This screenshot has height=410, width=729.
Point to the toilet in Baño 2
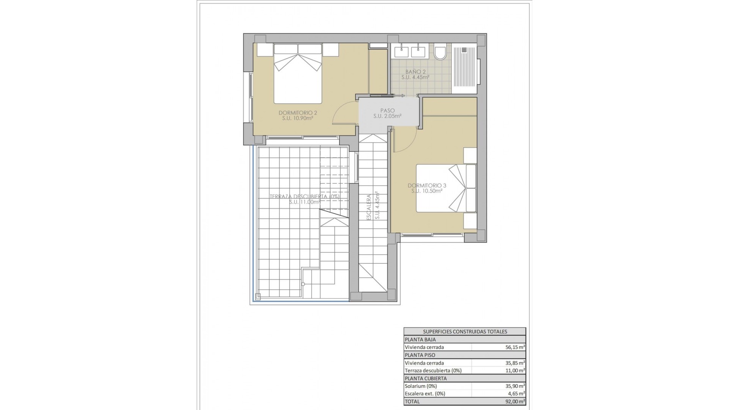440,54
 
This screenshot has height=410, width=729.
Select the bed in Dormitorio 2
298,74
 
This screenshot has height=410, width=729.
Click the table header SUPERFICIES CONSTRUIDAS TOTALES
465,331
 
